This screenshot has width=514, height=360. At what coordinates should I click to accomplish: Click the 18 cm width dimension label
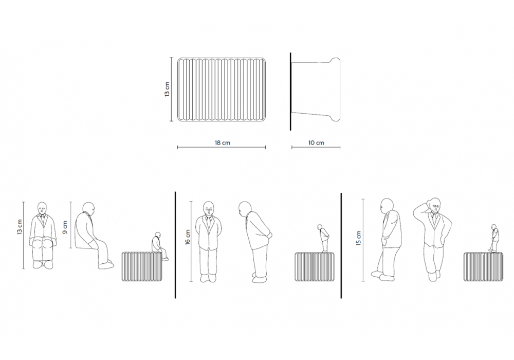(222, 143)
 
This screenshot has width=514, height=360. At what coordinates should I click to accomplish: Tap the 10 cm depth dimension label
(316, 143)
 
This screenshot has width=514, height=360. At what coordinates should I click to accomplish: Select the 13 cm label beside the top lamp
(167, 89)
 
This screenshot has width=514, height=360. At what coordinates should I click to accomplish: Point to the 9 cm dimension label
(65, 227)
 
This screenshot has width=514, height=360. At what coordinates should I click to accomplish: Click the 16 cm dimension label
(188, 237)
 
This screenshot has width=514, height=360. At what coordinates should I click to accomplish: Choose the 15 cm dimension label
(358, 238)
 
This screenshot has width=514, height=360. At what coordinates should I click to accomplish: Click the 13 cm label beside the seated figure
(20, 227)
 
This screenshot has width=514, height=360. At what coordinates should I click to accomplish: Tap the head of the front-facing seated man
(42, 208)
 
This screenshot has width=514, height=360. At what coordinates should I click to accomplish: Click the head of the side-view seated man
(88, 208)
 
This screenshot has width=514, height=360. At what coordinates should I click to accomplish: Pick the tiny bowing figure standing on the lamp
(323, 238)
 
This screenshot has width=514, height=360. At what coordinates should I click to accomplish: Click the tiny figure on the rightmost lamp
(494, 238)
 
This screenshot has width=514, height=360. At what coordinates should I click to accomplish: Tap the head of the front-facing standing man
(209, 208)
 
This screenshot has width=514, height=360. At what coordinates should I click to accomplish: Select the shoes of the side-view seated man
(106, 264)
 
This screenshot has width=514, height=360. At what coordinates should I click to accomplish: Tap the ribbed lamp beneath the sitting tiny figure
(142, 266)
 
